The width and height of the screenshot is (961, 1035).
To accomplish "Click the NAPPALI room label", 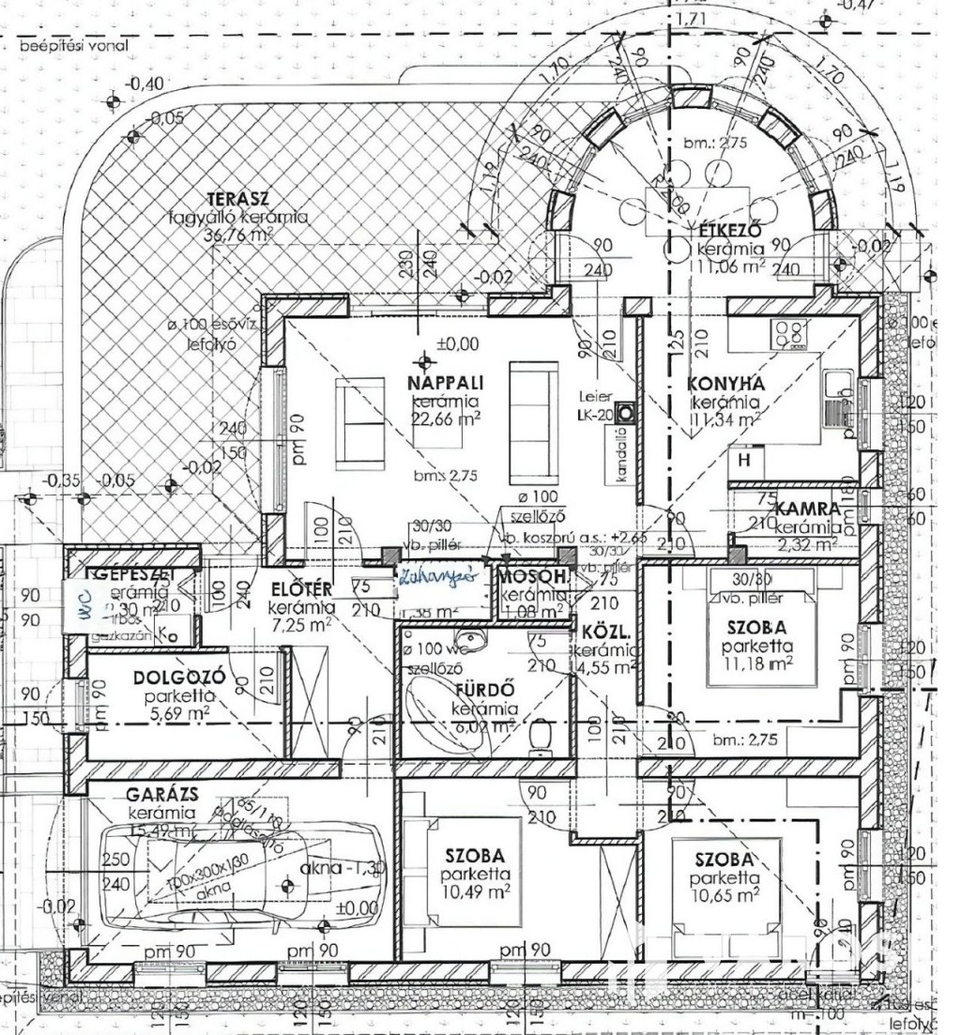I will click(x=444, y=384).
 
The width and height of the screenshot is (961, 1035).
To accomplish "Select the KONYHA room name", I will click(x=725, y=384).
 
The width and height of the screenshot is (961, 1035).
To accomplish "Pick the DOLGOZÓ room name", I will click(x=176, y=677).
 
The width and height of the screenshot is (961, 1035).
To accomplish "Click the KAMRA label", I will click(x=807, y=509).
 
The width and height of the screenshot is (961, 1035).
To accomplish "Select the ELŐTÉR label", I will click(x=300, y=590).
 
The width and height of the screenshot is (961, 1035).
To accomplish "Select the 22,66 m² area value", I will click(x=444, y=419).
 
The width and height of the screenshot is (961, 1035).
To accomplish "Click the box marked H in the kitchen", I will click(x=745, y=460).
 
